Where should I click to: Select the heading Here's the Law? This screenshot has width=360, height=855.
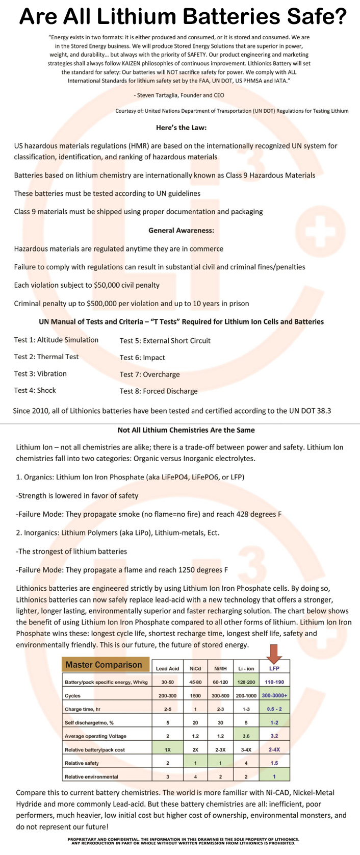point(181,128)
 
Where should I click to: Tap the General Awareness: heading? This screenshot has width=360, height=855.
point(181,231)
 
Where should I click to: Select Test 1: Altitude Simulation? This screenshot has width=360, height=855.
point(56,340)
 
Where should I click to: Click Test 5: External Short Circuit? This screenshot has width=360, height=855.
point(165,341)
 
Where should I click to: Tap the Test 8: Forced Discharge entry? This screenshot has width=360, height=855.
point(158,391)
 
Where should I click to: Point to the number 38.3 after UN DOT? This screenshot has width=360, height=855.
point(322,410)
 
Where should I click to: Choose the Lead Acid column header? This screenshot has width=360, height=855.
point(167,668)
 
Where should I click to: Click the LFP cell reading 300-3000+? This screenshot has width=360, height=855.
point(274,695)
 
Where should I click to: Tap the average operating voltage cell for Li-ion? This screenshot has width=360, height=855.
point(246,736)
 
